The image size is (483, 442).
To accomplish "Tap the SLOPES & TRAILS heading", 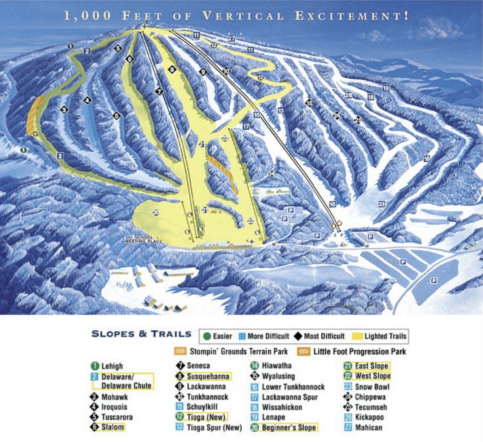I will point(141,334).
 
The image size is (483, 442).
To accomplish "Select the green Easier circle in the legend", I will point(207,336).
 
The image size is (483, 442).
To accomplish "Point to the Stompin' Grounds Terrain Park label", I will point(238,352).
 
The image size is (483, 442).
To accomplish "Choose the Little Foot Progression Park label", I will point(359,352).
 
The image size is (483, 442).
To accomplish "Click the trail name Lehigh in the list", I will point(112,366).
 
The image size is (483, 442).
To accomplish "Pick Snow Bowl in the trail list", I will point(372,387).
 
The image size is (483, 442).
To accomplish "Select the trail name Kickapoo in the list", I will point(369,417).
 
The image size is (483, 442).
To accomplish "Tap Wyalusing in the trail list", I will point(278,376).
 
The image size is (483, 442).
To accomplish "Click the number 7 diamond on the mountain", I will point(159,92).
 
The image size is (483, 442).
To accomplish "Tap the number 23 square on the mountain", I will point(381,204).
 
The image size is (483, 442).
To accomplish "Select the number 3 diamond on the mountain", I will point(64,110).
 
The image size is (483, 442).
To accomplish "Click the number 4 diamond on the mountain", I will point(87,101).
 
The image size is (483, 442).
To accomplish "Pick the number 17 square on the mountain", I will point(246,127).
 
